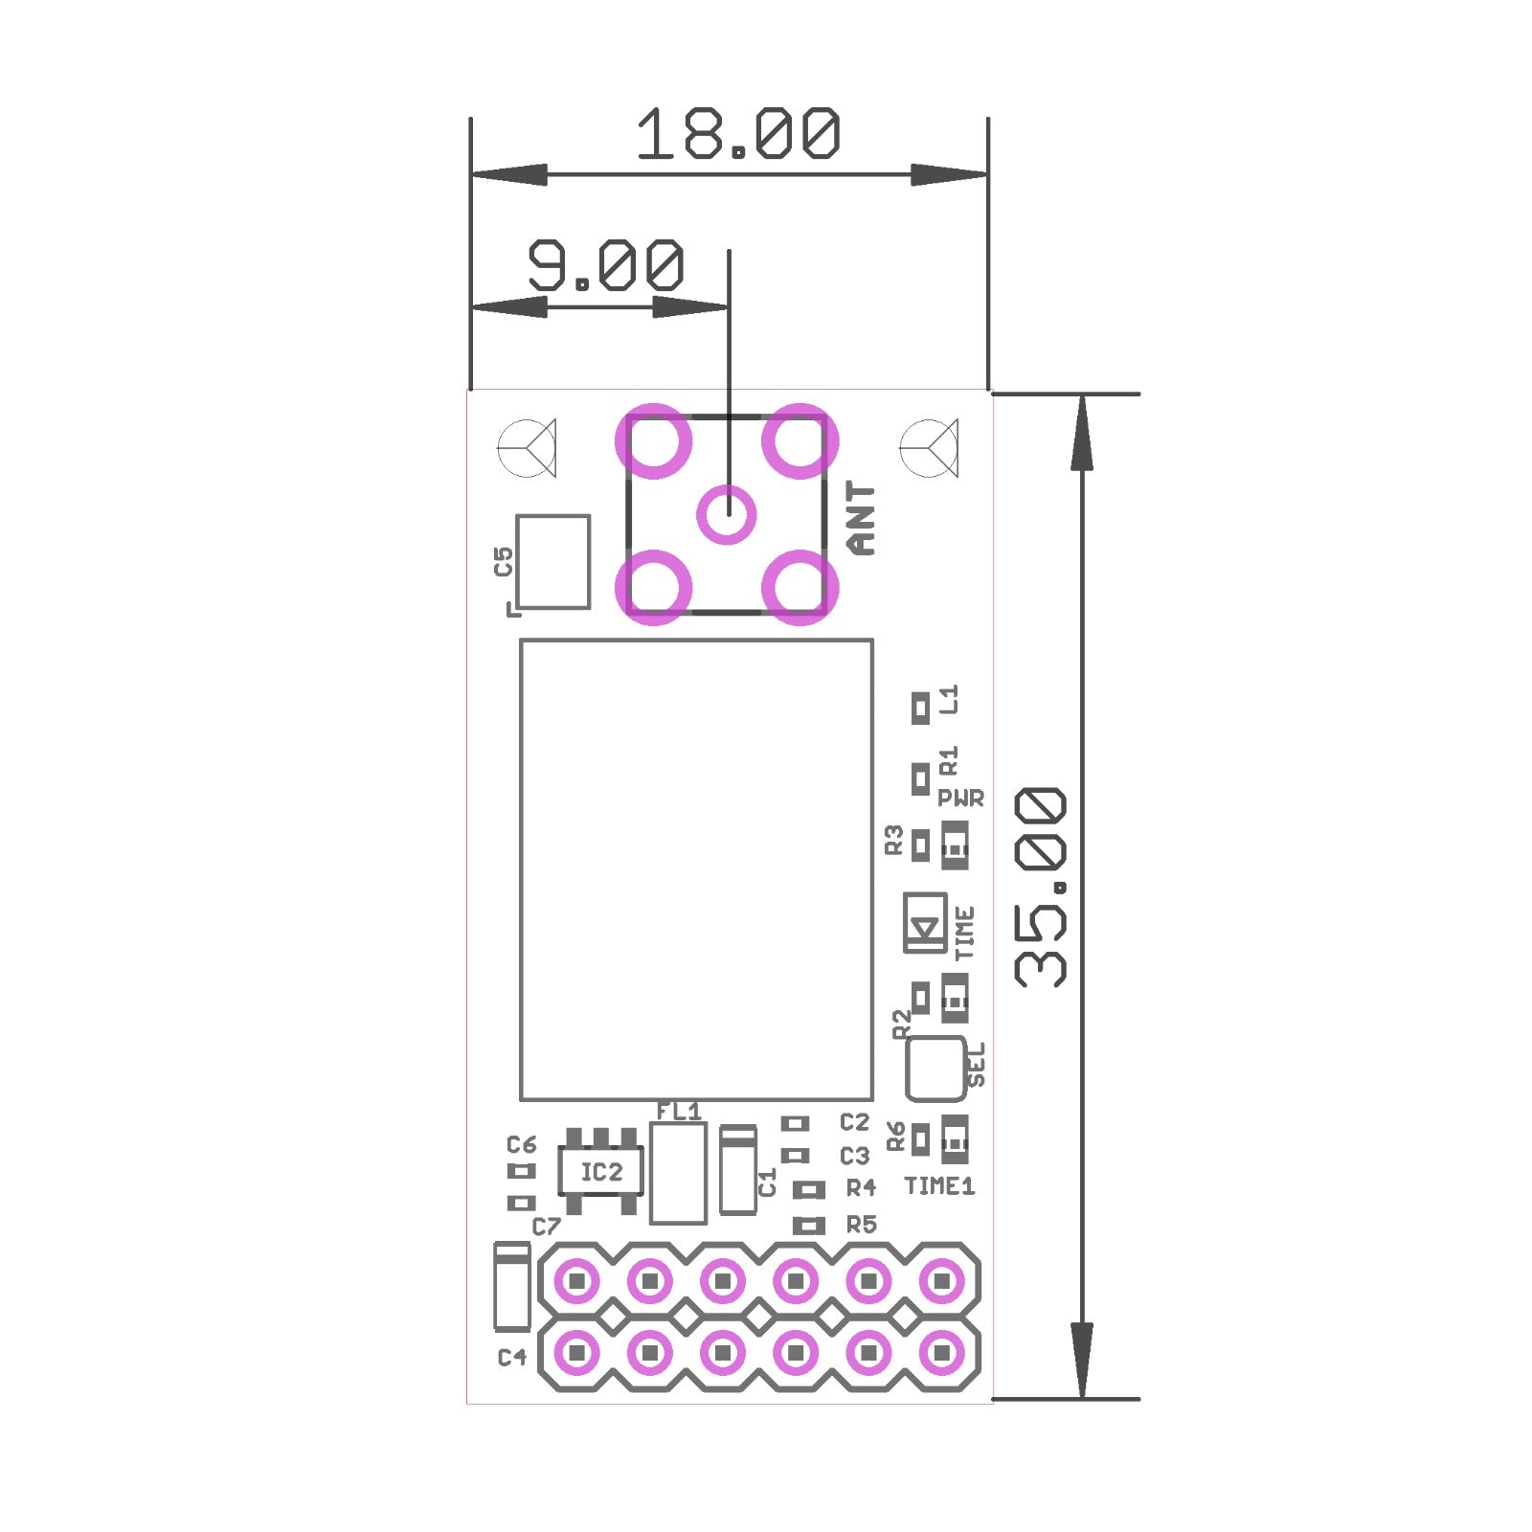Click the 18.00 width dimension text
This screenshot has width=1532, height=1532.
[738, 133]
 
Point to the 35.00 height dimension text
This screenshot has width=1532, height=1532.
[1040, 888]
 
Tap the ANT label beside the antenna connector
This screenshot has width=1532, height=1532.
[862, 519]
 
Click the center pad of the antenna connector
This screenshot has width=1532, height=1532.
[727, 514]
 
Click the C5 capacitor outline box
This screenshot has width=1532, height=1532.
[552, 562]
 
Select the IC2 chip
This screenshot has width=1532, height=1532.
[600, 1171]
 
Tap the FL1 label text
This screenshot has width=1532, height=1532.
[678, 1112]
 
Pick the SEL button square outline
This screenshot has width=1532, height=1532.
[935, 1068]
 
